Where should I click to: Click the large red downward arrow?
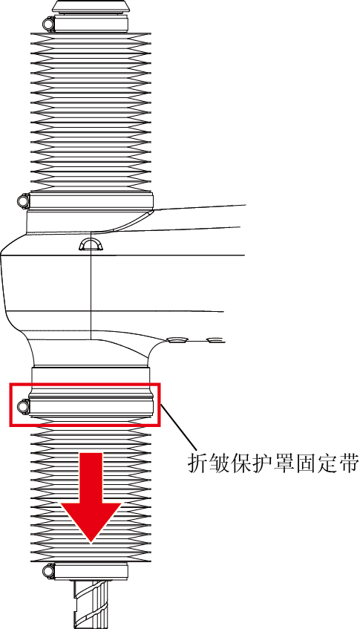coord(91,498)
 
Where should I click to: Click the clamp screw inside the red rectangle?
coord(23,407)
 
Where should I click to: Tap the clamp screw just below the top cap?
coord(49,24)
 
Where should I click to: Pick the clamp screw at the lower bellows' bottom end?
coord(49,570)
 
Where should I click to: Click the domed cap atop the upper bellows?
coord(91,7)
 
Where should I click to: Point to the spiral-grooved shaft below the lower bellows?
coord(92,604)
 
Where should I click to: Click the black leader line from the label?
coord(179,428)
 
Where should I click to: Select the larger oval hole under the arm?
coord(178,340)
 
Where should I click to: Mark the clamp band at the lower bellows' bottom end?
coord(91,570)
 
